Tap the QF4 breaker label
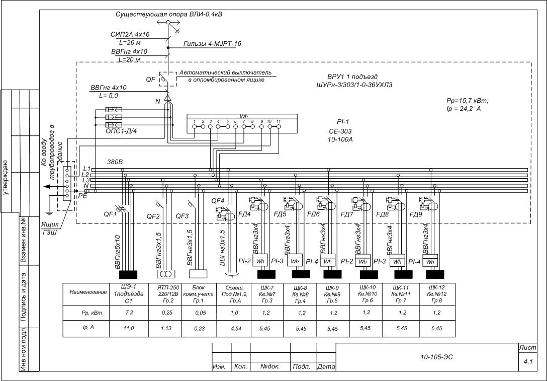pyautogui.click(x=218, y=201)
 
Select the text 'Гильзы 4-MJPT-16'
pyautogui.click(x=213, y=44)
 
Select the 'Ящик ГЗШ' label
pyautogui.click(x=49, y=228)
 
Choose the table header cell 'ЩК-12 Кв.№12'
pyautogui.click(x=435, y=293)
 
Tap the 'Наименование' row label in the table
pyautogui.click(x=88, y=292)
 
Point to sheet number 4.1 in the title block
pyautogui.click(x=528, y=361)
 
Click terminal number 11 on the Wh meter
pyautogui.click(x=278, y=122)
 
